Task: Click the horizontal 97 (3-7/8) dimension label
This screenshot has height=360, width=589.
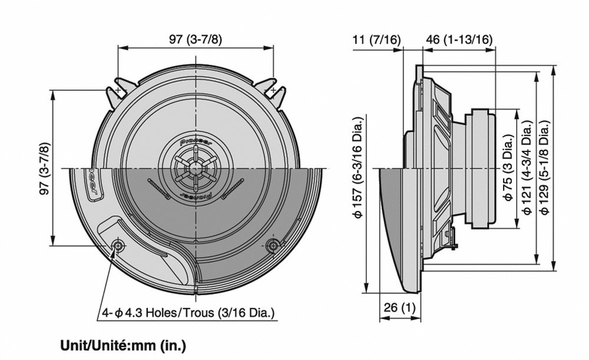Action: coord(196,40)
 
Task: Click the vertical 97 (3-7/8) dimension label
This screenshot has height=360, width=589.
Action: coord(43,168)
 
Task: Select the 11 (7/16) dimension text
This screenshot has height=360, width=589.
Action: coord(376,40)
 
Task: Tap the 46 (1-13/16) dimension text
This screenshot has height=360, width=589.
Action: coord(459,40)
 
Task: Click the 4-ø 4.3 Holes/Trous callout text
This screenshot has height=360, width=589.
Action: coord(188,313)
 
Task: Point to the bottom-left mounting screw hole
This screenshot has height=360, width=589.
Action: coord(118,246)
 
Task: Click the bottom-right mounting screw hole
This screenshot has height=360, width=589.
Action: coord(272,246)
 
